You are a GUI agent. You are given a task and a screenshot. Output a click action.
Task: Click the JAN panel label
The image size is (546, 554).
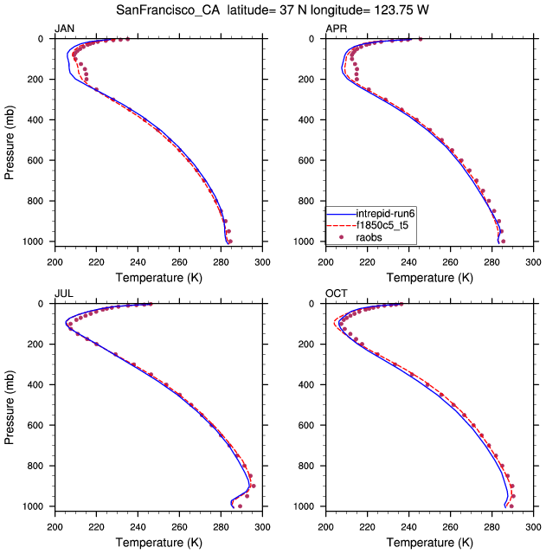(65, 29)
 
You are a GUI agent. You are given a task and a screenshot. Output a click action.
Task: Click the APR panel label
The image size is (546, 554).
(336, 29)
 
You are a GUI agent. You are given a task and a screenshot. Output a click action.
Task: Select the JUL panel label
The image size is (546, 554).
(64, 294)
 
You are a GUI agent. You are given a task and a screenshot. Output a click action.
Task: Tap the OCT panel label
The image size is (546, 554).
(336, 294)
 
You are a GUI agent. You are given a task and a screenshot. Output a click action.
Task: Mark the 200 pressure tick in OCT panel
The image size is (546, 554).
(313, 345)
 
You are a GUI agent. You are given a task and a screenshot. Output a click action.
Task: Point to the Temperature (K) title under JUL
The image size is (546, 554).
(158, 543)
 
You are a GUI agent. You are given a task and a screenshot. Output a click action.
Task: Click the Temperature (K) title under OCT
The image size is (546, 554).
(429, 543)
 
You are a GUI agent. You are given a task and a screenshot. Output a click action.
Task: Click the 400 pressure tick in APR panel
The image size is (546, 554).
(313, 119)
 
